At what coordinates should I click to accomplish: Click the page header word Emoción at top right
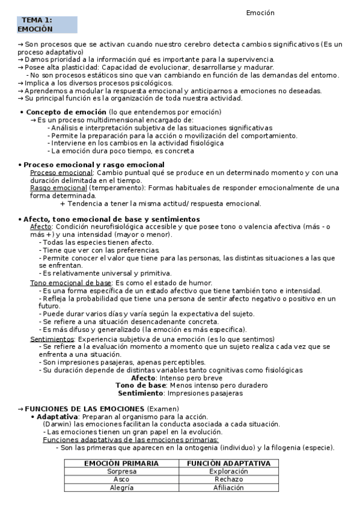[x=260, y=13]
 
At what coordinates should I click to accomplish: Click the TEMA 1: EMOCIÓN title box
[x=47, y=25]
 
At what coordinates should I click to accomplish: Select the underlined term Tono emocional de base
[x=70, y=283]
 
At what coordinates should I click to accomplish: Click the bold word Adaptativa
[x=57, y=417]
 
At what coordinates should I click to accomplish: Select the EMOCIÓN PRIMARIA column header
[x=121, y=464]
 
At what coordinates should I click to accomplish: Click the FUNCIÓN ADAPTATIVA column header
[x=228, y=464]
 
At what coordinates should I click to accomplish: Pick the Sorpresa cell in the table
[x=121, y=472]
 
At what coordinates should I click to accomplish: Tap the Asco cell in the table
[x=121, y=479]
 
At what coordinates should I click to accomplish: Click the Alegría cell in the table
[x=121, y=488]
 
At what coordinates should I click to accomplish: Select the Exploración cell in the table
[x=228, y=472]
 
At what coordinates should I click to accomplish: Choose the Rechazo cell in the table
[x=228, y=479]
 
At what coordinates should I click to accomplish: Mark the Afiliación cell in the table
[x=228, y=488]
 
